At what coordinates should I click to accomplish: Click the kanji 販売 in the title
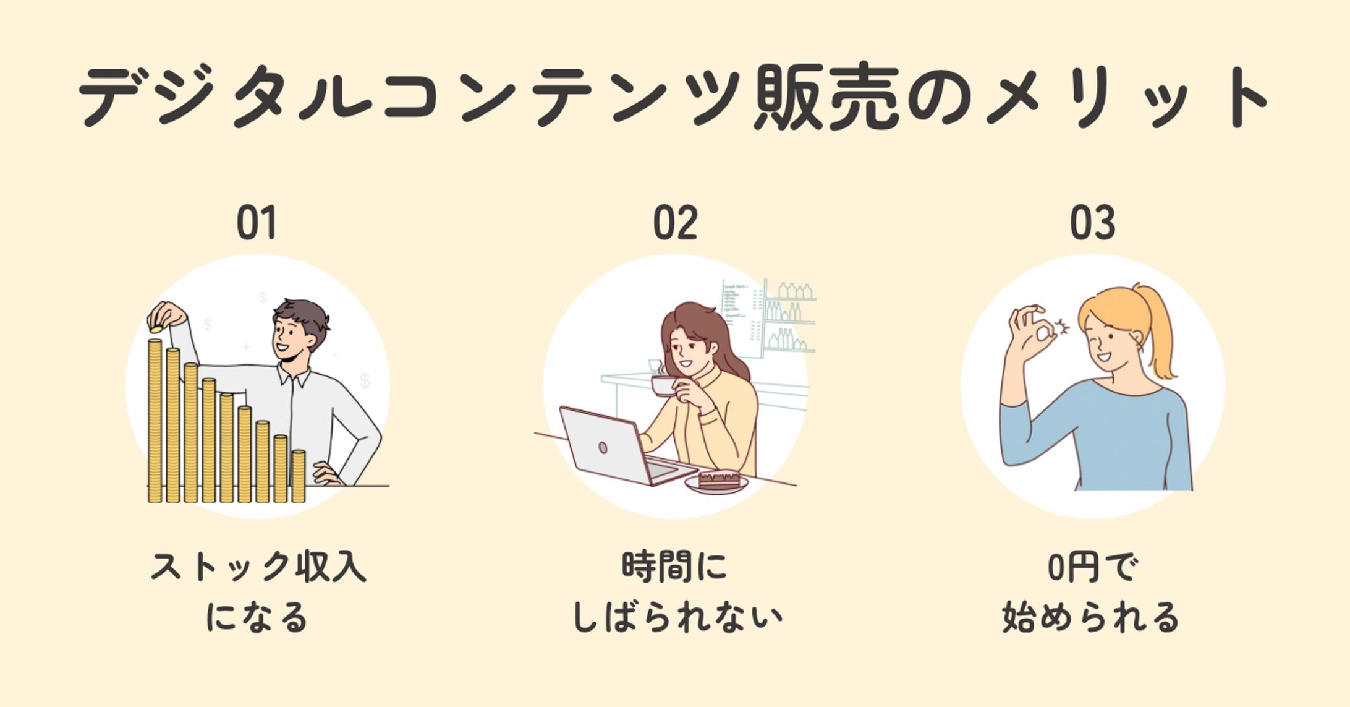click(826, 98)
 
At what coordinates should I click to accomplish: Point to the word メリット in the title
click(1125, 98)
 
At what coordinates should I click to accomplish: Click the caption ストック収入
click(258, 567)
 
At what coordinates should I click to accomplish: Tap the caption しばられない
click(677, 618)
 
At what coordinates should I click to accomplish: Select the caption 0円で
click(1092, 567)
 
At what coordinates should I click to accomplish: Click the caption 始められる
click(1092, 618)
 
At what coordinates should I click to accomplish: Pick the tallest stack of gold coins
click(155, 421)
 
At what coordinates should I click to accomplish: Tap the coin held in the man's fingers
click(156, 329)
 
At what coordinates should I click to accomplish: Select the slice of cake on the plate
click(719, 479)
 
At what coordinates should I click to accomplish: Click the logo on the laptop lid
click(603, 447)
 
